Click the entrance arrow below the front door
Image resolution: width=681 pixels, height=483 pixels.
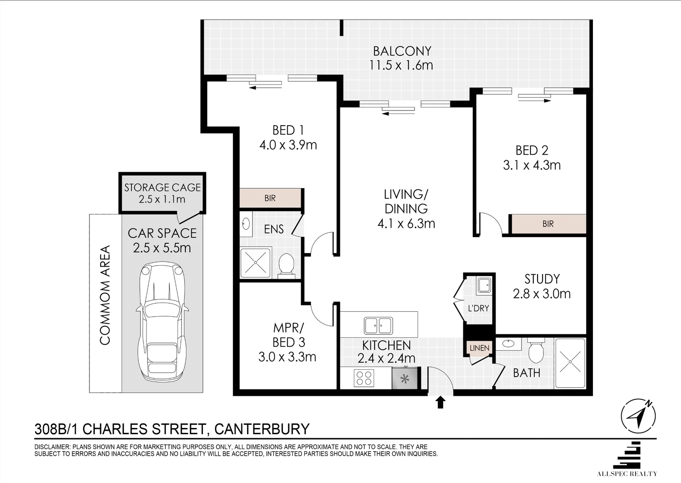[x=441, y=402]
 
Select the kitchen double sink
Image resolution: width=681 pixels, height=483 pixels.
[x=378, y=326]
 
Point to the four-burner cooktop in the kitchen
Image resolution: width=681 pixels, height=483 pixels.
[x=364, y=378]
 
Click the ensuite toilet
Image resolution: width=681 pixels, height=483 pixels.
[x=285, y=264]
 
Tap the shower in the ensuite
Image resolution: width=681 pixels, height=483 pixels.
[x=256, y=263]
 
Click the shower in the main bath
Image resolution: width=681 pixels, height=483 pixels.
[x=569, y=363]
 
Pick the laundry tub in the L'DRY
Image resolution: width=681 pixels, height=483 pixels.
[x=483, y=285]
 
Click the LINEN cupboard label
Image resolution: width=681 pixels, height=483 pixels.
[x=479, y=348]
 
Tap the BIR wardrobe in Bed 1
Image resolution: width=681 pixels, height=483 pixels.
[x=270, y=198]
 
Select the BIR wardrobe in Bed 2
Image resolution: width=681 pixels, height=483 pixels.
[x=548, y=224]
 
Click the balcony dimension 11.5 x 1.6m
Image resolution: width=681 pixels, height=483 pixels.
[x=401, y=65]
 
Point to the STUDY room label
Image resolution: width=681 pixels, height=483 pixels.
[x=542, y=279]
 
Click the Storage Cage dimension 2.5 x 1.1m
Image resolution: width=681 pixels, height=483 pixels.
[x=162, y=199]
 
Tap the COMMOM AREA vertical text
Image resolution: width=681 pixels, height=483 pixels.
[x=105, y=295]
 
